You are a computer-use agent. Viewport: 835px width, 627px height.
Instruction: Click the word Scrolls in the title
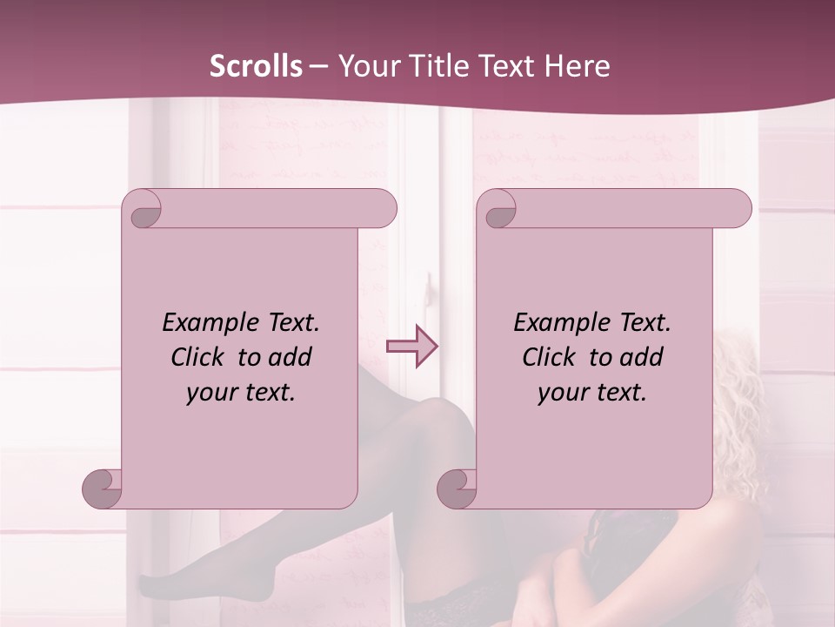point(256,65)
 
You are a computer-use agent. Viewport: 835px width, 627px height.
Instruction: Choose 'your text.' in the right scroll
point(592,392)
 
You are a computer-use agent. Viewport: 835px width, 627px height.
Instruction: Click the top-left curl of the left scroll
point(144,210)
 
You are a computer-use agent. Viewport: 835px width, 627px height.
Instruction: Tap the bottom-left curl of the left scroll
point(103,488)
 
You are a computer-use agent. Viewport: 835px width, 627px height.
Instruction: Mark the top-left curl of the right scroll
point(498,210)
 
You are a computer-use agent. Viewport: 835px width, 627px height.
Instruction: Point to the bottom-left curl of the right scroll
point(457,488)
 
